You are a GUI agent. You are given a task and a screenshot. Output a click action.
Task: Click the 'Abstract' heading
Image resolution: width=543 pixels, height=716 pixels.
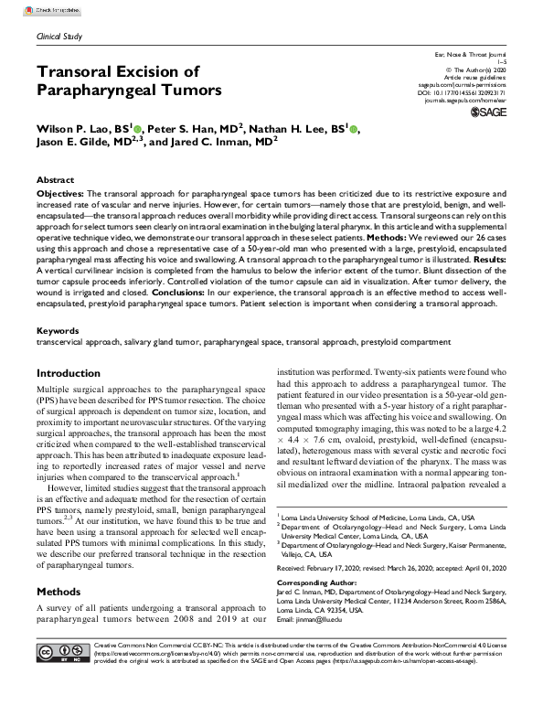coord(56,181)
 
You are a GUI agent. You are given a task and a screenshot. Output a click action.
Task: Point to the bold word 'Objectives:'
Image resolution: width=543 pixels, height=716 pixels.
coord(60,196)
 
